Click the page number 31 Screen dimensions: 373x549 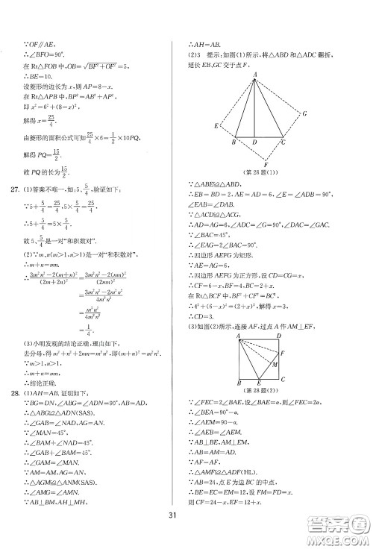[x=186, y=520]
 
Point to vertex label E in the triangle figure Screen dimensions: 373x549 [x=216, y=126]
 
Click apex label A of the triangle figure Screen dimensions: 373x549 [x=255, y=74]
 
